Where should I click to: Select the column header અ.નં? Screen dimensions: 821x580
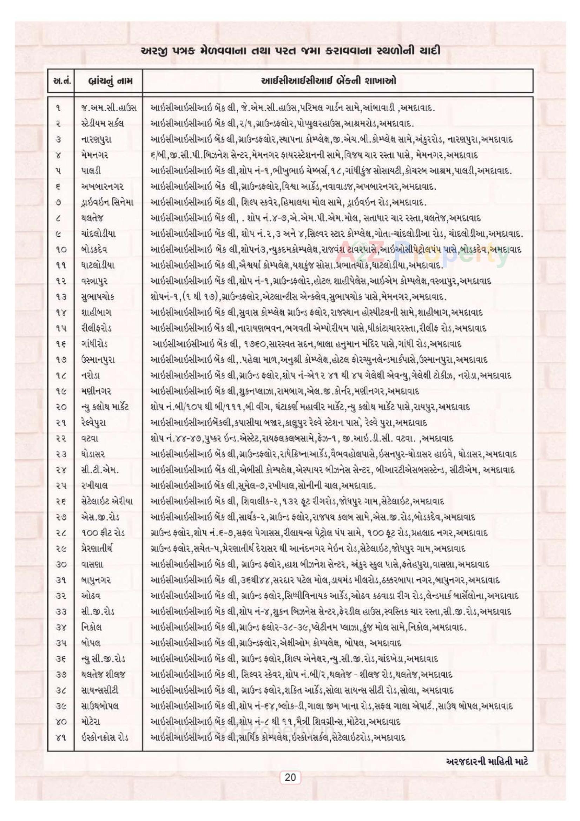(60, 81)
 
